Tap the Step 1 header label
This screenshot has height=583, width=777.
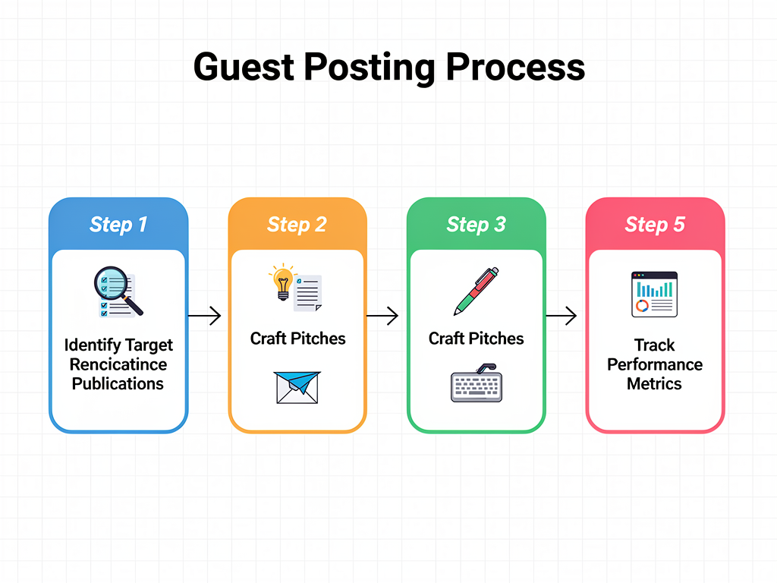118,225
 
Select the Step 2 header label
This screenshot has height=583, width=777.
297,225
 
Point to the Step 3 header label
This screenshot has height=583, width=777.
476,225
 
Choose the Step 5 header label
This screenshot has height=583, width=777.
655,225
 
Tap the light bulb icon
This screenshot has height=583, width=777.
282,282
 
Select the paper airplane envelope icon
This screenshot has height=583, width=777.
297,386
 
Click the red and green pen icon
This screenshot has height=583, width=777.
477,291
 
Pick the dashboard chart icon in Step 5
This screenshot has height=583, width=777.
655,295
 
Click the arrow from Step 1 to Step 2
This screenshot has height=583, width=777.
204,315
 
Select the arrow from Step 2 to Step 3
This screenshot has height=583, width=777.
382,315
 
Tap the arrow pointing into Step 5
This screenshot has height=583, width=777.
562,315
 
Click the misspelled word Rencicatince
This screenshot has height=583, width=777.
118,364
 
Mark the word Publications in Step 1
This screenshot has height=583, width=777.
118,383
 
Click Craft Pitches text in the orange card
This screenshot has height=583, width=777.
297,339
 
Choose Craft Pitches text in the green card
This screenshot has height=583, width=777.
477,339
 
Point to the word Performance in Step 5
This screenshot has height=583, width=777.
655,364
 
